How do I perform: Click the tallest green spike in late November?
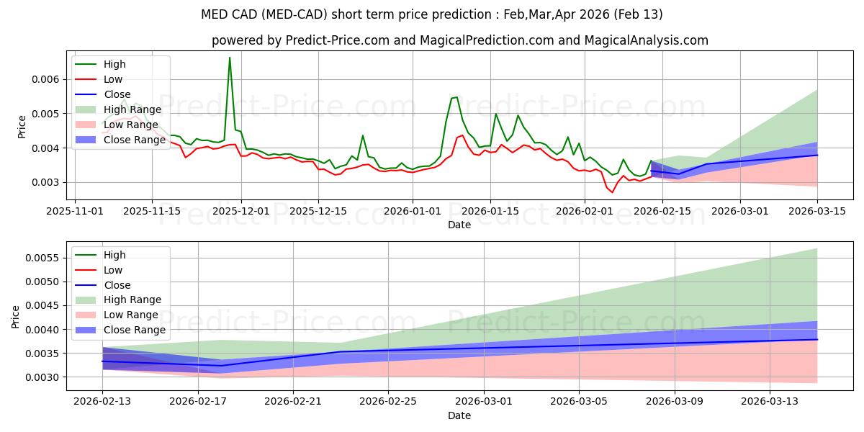(x=230, y=58)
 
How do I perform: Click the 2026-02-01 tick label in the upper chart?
(x=583, y=211)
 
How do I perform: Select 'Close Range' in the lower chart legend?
(x=135, y=330)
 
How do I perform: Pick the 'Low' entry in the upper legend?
(x=113, y=79)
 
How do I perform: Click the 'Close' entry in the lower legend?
(x=117, y=285)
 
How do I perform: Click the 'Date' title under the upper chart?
(x=459, y=225)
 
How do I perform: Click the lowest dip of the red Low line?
(x=613, y=192)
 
